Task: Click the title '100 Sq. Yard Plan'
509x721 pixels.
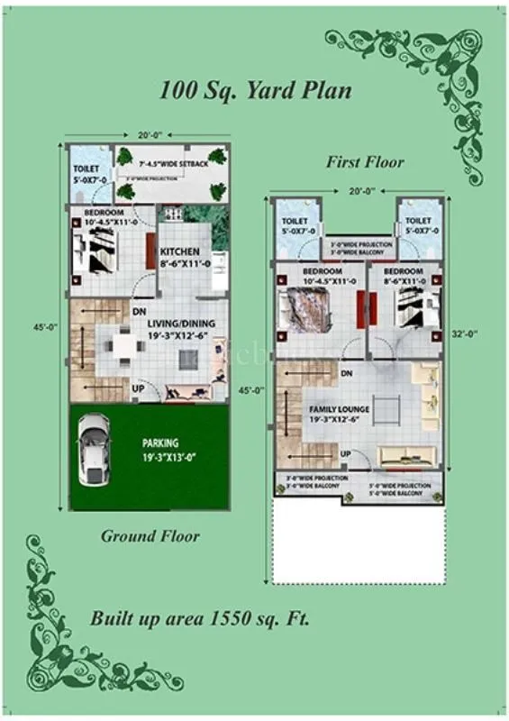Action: (x=255, y=90)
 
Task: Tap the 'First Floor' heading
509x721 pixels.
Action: (x=365, y=162)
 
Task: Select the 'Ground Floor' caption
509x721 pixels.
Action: (x=150, y=536)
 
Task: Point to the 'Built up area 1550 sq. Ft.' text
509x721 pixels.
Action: (x=200, y=619)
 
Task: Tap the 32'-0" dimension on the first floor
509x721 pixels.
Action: (x=464, y=333)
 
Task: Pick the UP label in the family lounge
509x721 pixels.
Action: (x=345, y=452)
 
